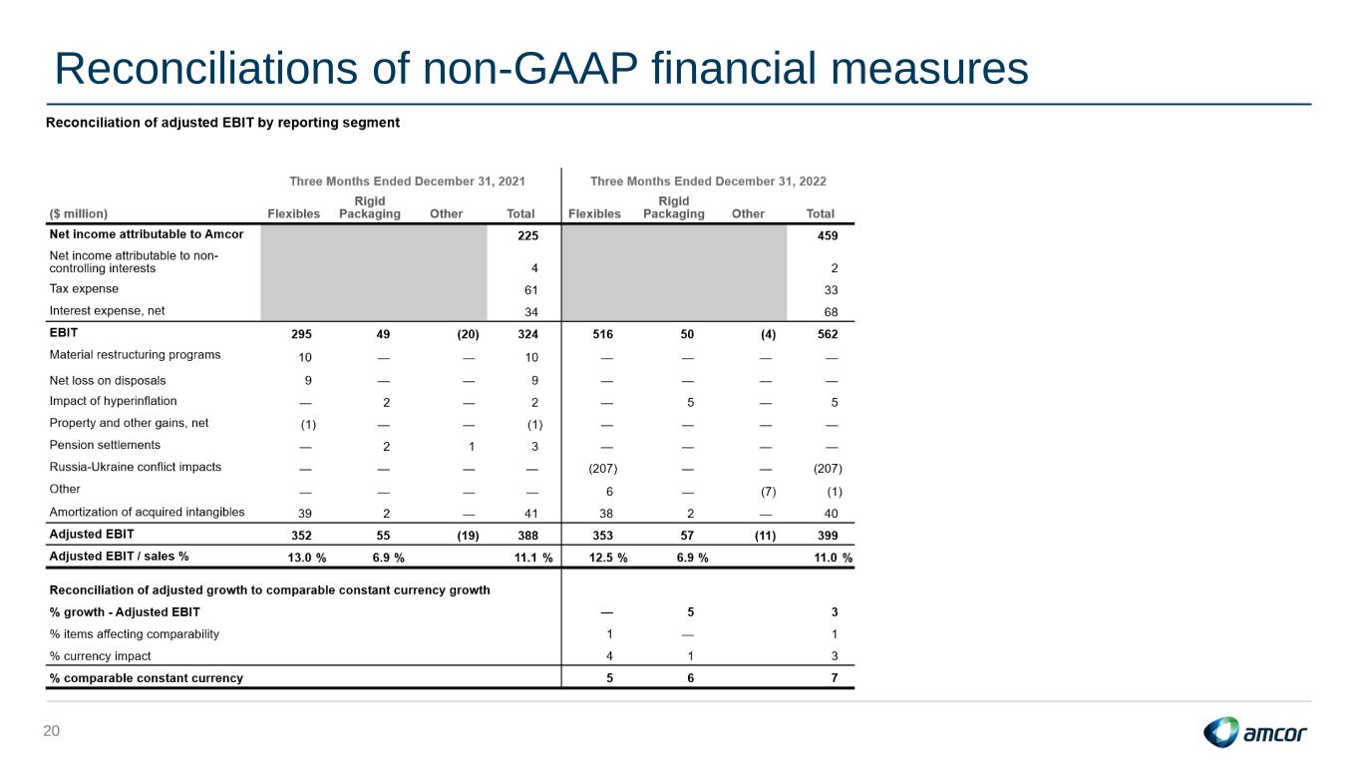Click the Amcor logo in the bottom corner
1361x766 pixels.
[x=1254, y=732]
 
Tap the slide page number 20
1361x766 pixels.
[x=52, y=731]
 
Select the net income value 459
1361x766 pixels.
[x=828, y=235]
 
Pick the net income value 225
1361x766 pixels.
[x=527, y=235]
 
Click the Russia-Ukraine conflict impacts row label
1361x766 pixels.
[x=136, y=467]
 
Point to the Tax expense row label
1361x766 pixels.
[x=84, y=289]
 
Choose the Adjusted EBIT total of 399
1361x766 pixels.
[x=828, y=536]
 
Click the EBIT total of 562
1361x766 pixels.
[x=828, y=334]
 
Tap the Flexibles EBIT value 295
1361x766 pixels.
[x=301, y=334]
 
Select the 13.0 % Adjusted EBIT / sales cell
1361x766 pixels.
[x=307, y=558]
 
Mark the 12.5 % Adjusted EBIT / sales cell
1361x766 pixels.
[x=608, y=558]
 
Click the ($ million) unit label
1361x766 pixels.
[x=79, y=214]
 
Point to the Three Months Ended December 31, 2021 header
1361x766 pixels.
[x=407, y=182]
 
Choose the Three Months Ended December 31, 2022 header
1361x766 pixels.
[x=709, y=182]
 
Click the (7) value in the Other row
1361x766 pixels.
[x=768, y=491]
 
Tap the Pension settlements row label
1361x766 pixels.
[x=105, y=445]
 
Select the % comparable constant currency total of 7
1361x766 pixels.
[x=835, y=678]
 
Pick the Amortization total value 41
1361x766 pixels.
[x=531, y=514]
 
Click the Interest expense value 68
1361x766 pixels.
[x=831, y=312]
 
